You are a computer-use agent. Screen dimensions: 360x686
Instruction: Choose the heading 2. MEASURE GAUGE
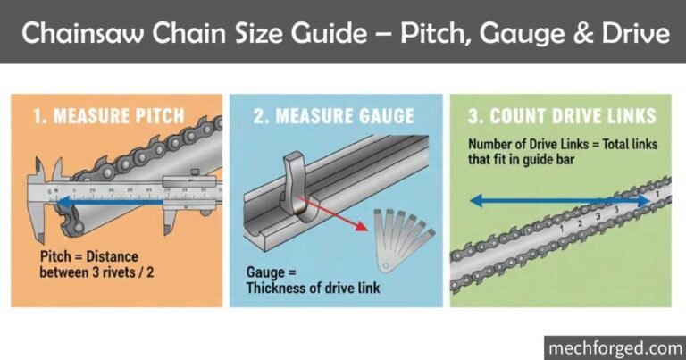point(335,116)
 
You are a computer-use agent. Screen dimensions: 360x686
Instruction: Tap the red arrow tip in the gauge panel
point(366,229)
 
